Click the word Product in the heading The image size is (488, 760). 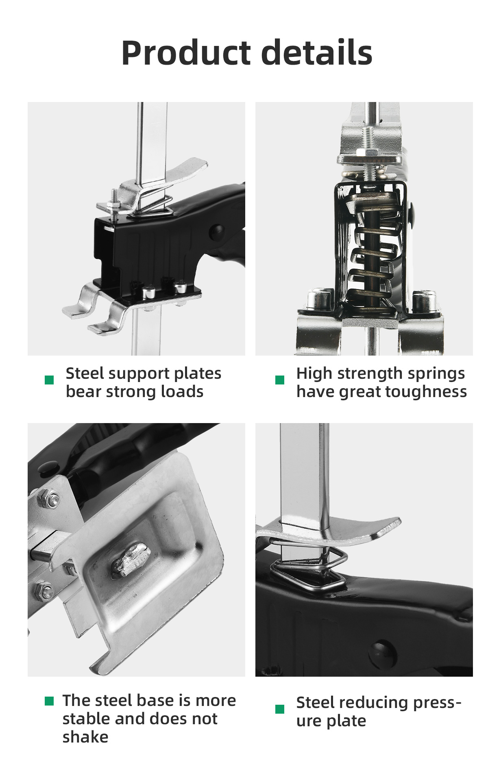tap(186, 53)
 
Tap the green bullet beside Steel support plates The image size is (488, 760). tap(49, 380)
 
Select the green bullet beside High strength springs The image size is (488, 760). tap(280, 380)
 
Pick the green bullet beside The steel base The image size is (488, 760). tap(49, 701)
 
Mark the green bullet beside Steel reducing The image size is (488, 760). tap(280, 709)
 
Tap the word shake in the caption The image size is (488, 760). tap(85, 736)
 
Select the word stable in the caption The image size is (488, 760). tap(86, 719)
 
